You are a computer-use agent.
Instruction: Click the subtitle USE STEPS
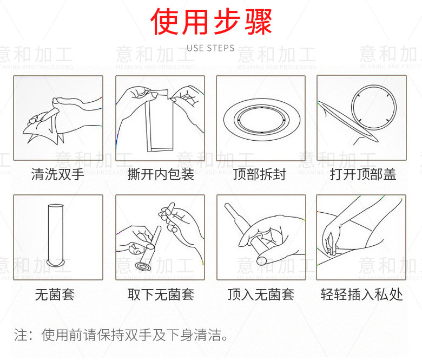coord(210,48)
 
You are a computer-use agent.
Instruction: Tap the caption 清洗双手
coord(58,174)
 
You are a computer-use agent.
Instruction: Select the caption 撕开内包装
coord(161,174)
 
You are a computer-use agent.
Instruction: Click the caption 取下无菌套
coord(161,294)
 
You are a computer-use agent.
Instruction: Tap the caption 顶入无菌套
coord(261,294)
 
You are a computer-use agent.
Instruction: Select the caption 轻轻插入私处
coord(361,294)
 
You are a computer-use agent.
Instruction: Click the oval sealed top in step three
coord(261,117)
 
